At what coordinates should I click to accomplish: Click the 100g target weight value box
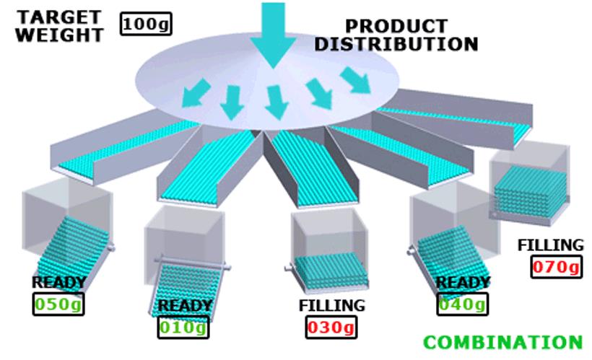(147, 25)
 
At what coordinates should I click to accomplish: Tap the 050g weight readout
(58, 304)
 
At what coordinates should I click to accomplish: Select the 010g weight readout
(183, 328)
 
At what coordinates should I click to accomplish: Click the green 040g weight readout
(462, 304)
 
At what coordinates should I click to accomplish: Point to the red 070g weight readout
(556, 267)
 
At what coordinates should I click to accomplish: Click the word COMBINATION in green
(502, 342)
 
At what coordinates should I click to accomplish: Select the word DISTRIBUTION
(396, 44)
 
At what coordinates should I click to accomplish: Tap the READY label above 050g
(58, 282)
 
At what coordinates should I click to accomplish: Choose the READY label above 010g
(185, 306)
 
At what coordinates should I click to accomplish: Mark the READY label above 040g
(463, 281)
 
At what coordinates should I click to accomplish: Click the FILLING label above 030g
(331, 305)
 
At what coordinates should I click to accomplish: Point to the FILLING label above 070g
(550, 245)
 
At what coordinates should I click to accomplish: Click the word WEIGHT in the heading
(58, 35)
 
